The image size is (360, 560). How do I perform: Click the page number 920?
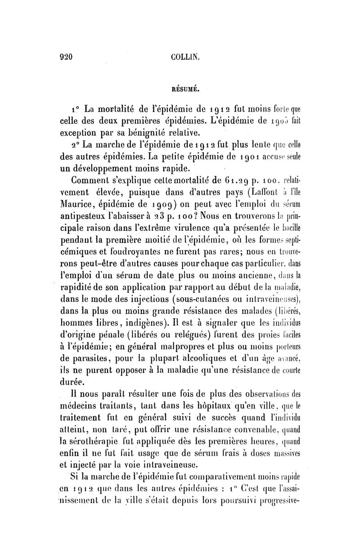coord(67,57)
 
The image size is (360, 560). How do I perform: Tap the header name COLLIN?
coord(182,57)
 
